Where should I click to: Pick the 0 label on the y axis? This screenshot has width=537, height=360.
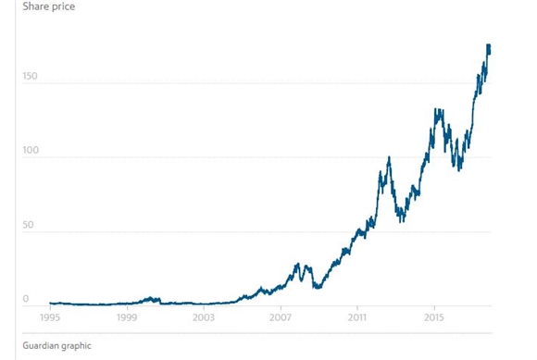click(26, 298)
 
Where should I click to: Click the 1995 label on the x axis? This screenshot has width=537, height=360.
click(51, 317)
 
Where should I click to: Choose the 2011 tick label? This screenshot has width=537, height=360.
click(357, 317)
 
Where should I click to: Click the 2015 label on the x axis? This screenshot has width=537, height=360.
click(434, 317)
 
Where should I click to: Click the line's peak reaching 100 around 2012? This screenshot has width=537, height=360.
click(389, 158)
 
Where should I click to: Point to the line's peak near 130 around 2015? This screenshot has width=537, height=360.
click(438, 110)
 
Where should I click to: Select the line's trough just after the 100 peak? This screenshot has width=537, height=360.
click(400, 220)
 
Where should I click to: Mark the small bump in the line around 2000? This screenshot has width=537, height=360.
click(152, 298)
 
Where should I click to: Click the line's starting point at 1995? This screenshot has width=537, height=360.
click(50, 303)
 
